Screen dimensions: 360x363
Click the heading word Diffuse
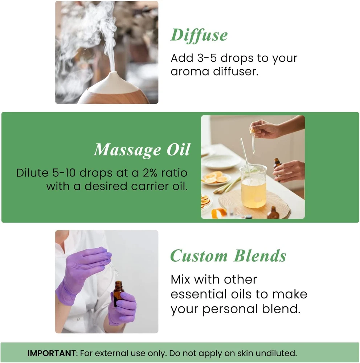click(199, 36)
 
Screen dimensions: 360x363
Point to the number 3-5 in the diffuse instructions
click(207, 58)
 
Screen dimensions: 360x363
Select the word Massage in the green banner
click(127, 150)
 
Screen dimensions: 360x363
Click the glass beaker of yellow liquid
click(253, 186)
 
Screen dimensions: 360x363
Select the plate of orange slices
click(216, 179)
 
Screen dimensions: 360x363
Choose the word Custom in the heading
click(199, 256)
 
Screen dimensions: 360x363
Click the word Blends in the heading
click(260, 256)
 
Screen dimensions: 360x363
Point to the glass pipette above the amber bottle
click(114, 269)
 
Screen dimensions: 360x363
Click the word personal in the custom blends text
click(230, 309)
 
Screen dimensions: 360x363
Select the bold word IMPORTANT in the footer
click(52, 353)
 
